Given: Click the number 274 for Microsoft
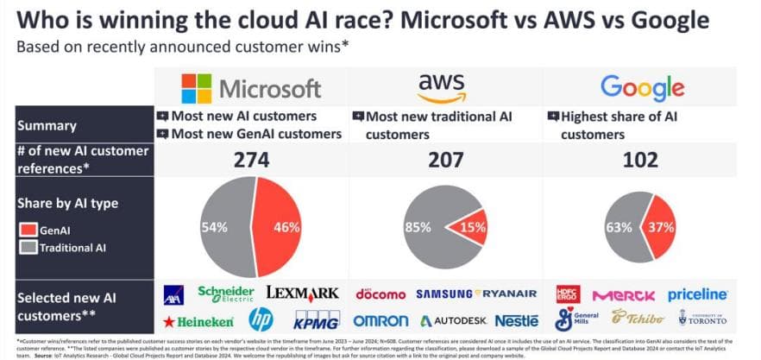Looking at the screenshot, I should pyautogui.click(x=246, y=160).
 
